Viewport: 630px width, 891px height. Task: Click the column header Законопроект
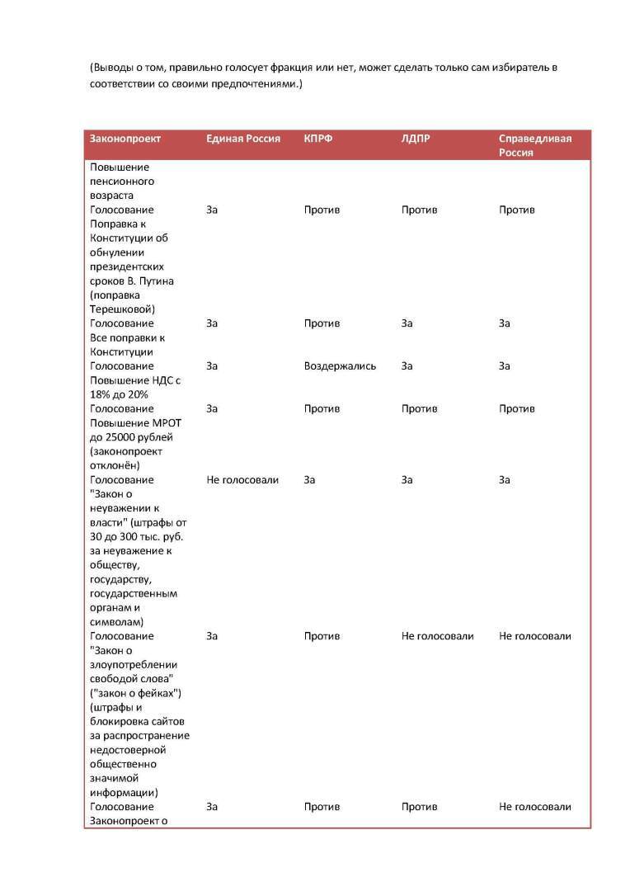coord(125,139)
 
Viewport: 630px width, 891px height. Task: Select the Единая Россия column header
coord(243,139)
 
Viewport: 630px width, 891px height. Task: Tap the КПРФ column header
coord(318,139)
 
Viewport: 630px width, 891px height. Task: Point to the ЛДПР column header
coord(416,139)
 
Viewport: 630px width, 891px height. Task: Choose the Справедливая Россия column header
coord(535,145)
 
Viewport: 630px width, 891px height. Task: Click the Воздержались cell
coord(340,366)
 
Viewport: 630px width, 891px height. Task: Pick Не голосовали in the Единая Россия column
coord(242,480)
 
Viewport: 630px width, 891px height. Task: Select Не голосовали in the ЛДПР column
coord(438,636)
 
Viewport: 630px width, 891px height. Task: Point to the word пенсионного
coord(122,181)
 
